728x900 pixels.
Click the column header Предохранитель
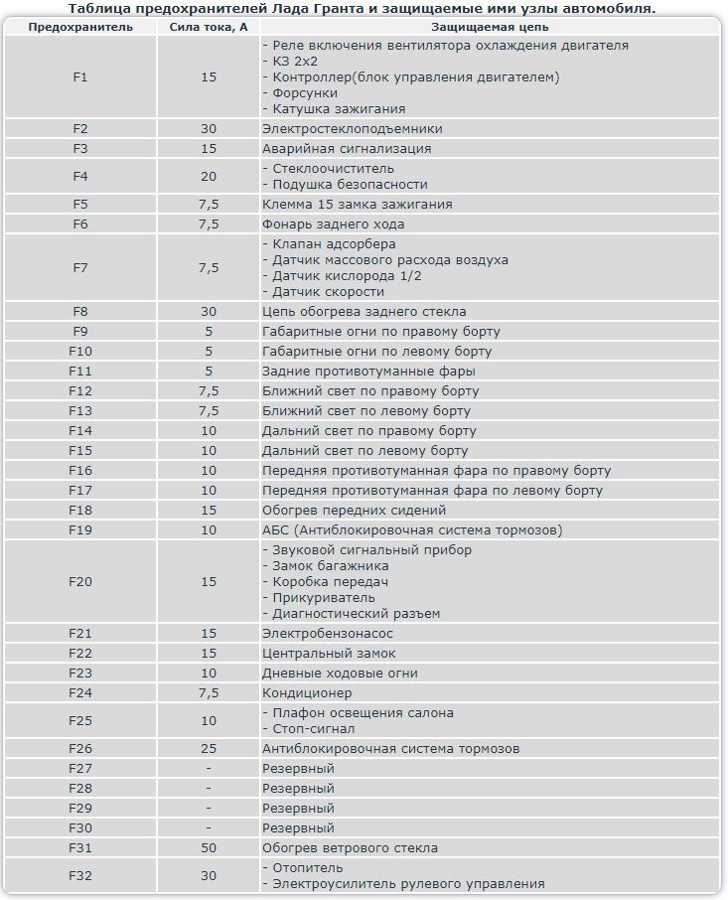(80, 27)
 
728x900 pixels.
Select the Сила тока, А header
(209, 27)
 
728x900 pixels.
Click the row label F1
(80, 76)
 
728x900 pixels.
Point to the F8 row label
(80, 311)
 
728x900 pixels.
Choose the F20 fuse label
(80, 581)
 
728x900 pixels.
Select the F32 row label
(80, 875)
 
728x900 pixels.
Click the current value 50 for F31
(209, 847)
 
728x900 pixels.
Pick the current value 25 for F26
(209, 748)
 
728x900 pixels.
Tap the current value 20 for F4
(209, 176)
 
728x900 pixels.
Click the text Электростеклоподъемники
(352, 128)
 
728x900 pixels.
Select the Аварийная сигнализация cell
(347, 148)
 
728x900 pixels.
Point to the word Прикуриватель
(322, 597)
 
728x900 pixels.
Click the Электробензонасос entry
(328, 633)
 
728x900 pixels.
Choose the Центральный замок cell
(329, 653)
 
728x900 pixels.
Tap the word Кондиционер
(307, 692)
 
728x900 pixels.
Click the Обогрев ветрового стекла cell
(350, 847)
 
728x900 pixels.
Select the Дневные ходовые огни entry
(340, 673)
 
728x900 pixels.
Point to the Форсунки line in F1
(303, 92)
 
